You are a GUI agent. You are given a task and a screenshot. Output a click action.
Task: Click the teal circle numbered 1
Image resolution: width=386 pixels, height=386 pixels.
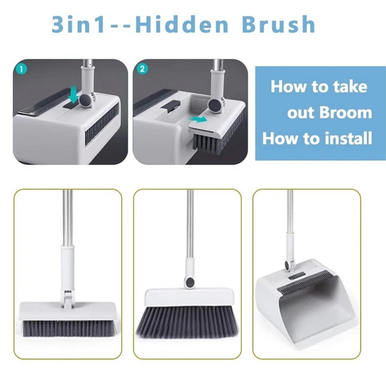coord(21,69)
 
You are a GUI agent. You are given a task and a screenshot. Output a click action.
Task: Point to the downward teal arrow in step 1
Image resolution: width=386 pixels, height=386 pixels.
coord(74,95)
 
